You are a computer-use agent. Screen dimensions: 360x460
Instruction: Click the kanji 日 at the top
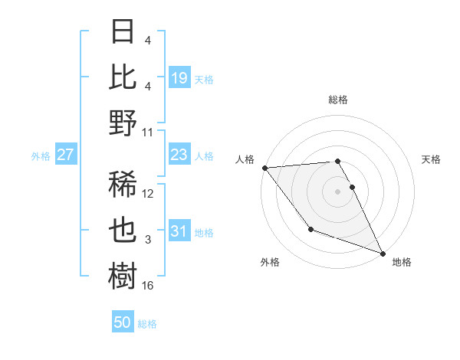click(x=123, y=32)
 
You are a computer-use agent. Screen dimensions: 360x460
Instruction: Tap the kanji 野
click(x=123, y=123)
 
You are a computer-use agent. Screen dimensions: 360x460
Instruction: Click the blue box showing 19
click(x=179, y=78)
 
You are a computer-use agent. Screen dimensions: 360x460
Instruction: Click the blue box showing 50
click(x=123, y=322)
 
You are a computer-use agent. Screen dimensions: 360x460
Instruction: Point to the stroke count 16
click(x=148, y=286)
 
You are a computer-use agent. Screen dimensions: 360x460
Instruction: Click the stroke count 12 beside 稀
click(x=148, y=194)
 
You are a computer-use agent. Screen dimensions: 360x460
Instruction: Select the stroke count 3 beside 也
click(x=148, y=240)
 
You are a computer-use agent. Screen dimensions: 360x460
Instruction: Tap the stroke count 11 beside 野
click(x=148, y=132)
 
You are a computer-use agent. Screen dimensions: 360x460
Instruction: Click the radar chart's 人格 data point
click(x=264, y=168)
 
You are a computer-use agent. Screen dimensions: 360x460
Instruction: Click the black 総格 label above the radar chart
click(x=337, y=100)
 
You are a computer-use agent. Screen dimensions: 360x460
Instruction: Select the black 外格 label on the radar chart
click(x=270, y=263)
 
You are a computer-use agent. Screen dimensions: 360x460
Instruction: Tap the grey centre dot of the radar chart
click(x=337, y=191)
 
